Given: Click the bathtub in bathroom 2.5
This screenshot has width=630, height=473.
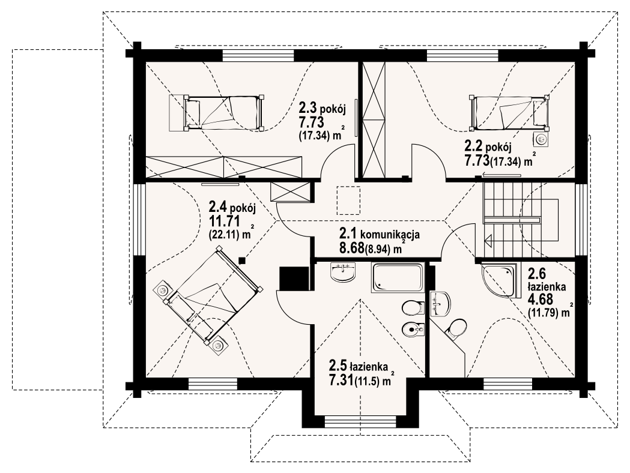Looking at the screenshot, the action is click(x=398, y=278).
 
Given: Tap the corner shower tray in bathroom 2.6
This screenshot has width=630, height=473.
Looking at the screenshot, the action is click(x=498, y=280).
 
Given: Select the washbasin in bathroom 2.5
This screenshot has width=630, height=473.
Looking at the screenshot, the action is click(x=343, y=271).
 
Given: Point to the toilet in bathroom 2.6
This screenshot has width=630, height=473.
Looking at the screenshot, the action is click(x=456, y=328).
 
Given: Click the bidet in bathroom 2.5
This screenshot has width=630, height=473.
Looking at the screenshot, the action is click(x=413, y=330).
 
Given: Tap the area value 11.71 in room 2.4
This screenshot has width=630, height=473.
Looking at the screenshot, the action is click(x=225, y=221).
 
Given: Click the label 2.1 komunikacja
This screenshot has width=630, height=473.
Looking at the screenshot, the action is click(x=380, y=233).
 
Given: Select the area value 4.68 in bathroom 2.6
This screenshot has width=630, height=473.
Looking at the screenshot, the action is click(x=541, y=300).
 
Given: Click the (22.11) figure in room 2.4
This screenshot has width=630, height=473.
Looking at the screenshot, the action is click(x=223, y=236).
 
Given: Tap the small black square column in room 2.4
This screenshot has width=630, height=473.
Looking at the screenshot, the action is click(x=242, y=260).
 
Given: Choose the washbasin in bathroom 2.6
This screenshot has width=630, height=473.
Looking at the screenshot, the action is click(x=440, y=304).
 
